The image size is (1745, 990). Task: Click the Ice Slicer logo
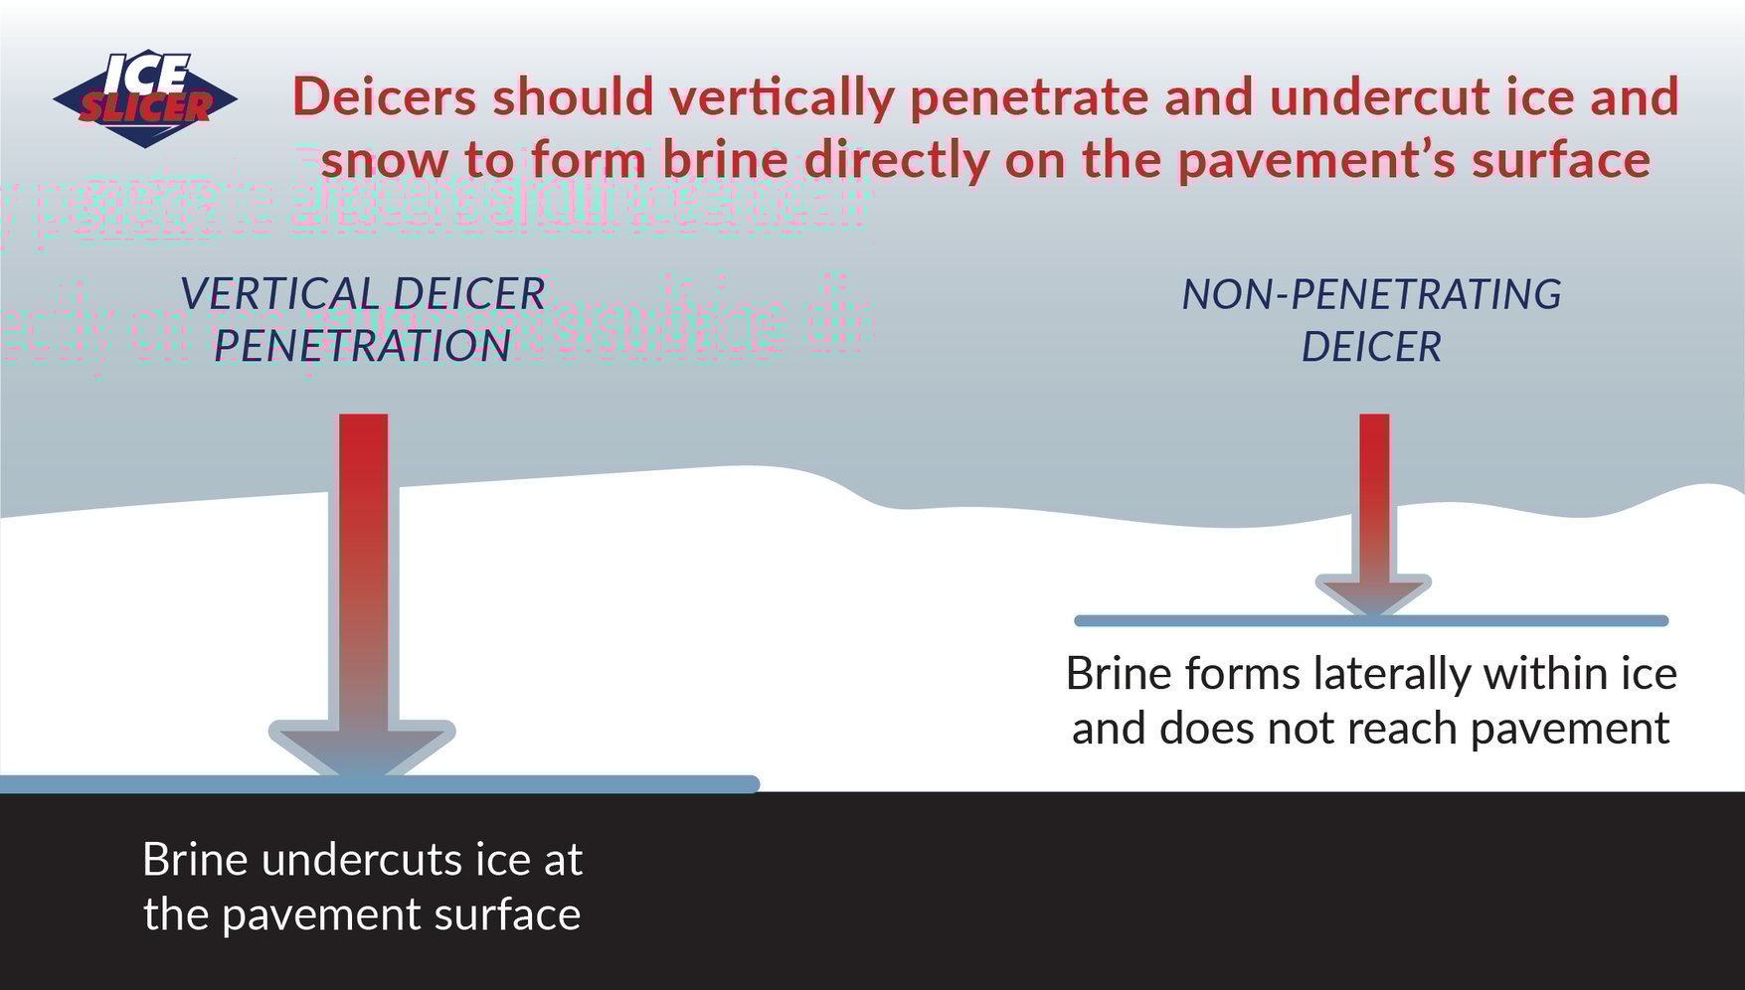click(x=145, y=97)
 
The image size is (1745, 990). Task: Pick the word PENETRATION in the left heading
click(x=362, y=346)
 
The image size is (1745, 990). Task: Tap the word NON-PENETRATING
click(x=1371, y=294)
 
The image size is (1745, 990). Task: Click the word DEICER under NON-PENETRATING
click(x=1371, y=346)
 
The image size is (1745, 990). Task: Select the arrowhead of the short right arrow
click(x=1373, y=594)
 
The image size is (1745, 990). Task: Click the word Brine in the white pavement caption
click(x=194, y=860)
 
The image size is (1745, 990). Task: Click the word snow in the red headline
click(x=384, y=158)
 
